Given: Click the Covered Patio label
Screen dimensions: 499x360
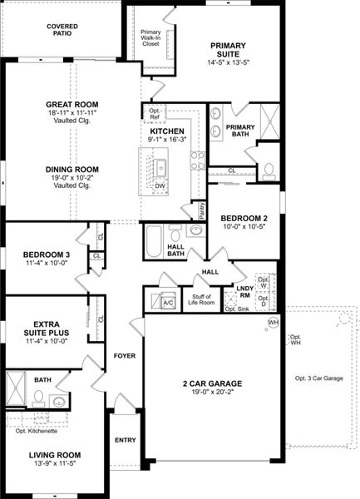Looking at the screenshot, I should click(63, 31).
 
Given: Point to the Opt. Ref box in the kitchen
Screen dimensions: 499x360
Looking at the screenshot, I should click(155, 114).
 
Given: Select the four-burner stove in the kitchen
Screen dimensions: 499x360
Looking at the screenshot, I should click(198, 161).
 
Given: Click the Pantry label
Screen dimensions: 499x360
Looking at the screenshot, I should click(200, 209).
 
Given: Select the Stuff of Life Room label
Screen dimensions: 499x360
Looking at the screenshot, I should click(202, 299).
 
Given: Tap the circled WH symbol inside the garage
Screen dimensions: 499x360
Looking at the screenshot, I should click(272, 323).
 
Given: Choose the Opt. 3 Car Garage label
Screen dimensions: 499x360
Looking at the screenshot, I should click(318, 378).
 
